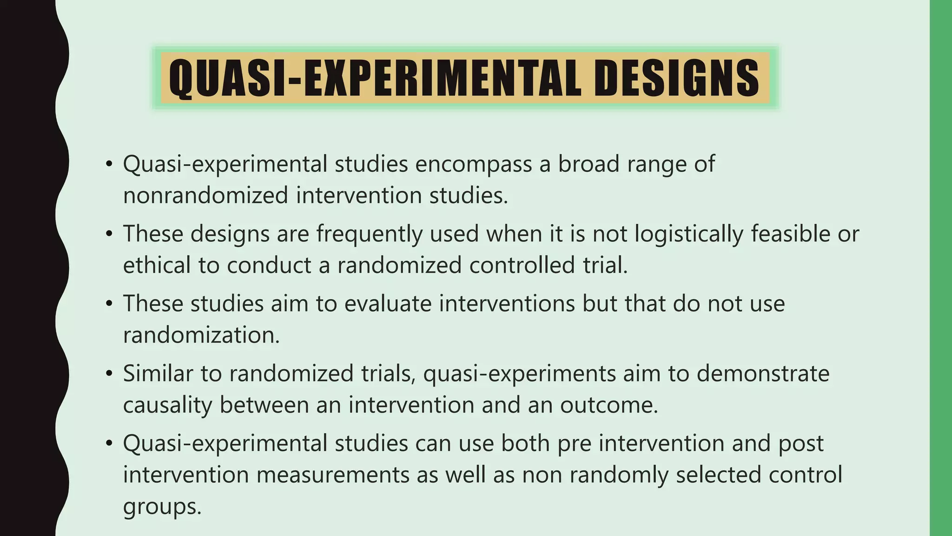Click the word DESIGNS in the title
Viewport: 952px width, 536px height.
pyautogui.click(x=676, y=78)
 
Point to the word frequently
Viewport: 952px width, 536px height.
pyautogui.click(x=370, y=234)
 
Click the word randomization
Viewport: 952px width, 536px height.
pyautogui.click(x=201, y=335)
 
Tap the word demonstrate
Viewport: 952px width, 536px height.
pyautogui.click(x=763, y=374)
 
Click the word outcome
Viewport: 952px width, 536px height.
pyautogui.click(x=609, y=405)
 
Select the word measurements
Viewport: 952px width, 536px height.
pyautogui.click(x=332, y=475)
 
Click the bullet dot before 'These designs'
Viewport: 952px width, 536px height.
pyautogui.click(x=109, y=234)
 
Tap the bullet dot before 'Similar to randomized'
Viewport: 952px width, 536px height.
pyautogui.click(x=109, y=374)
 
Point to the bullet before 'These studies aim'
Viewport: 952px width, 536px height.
pyautogui.click(x=109, y=304)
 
